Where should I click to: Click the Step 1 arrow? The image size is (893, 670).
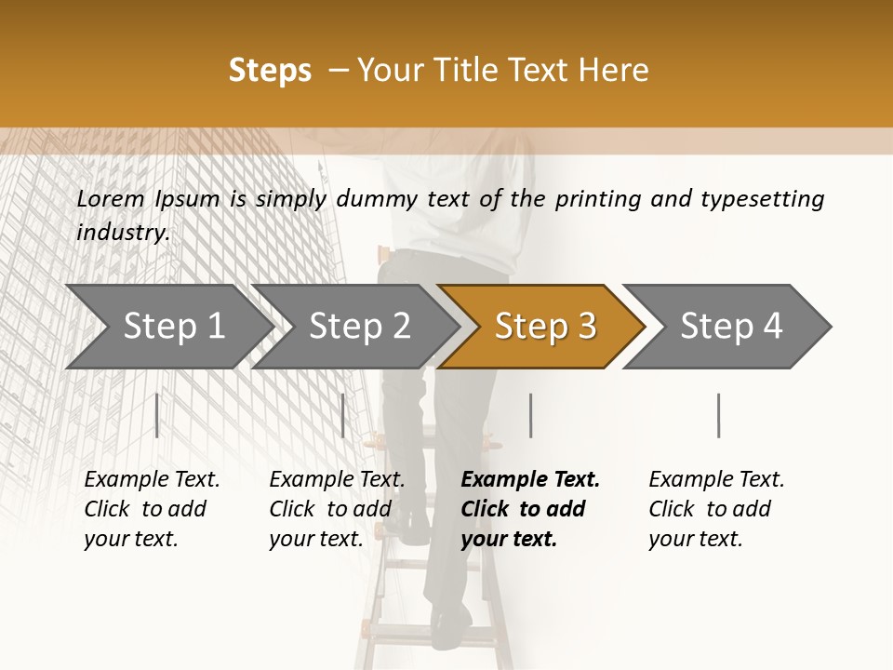pos(167,327)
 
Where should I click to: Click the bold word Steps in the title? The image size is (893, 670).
pos(270,70)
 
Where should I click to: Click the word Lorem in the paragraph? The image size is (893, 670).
pos(110,198)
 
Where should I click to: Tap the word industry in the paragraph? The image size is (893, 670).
pos(122,232)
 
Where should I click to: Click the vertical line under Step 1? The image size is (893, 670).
pos(157,415)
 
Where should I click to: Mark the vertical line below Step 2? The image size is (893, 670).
pos(343,415)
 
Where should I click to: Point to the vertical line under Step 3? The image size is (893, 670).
pos(530,415)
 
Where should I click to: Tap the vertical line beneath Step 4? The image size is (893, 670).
pos(718,415)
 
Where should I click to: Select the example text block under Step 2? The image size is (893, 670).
pos(336,509)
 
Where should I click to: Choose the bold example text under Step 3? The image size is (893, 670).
pos(528,509)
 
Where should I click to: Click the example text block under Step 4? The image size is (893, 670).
pos(715,509)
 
